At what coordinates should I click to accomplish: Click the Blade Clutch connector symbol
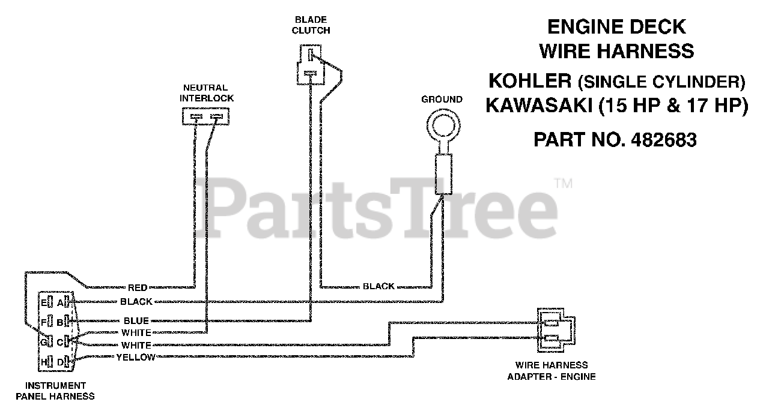pyautogui.click(x=310, y=64)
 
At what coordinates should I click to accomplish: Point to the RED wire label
pyautogui.click(x=138, y=288)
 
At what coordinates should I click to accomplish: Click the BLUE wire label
pyautogui.click(x=136, y=321)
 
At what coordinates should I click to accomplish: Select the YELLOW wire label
pyautogui.click(x=135, y=358)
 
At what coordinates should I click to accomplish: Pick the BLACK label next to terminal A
pyautogui.click(x=136, y=301)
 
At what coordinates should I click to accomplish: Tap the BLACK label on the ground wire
pyautogui.click(x=378, y=286)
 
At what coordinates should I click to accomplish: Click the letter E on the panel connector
pyautogui.click(x=44, y=301)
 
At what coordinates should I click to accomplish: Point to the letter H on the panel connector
pyautogui.click(x=44, y=362)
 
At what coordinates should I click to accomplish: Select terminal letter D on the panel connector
pyautogui.click(x=60, y=362)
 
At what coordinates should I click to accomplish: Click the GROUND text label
pyautogui.click(x=442, y=100)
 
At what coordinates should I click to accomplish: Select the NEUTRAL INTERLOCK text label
pyautogui.click(x=206, y=92)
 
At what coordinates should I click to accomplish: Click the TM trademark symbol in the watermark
pyautogui.click(x=563, y=184)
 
